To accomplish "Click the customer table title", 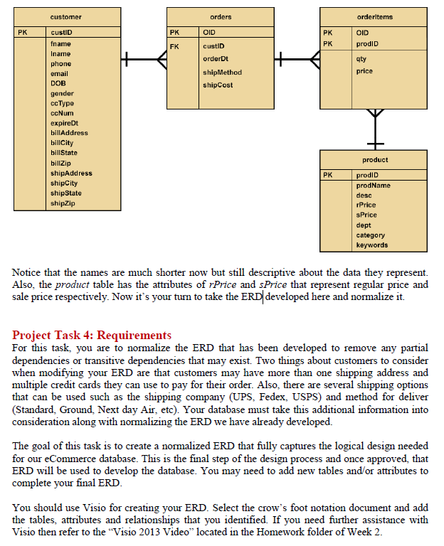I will tap(65, 16).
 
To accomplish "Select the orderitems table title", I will tap(374, 16).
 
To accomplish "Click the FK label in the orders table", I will tap(174, 46).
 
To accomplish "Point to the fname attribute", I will tap(60, 44).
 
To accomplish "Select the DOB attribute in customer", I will tap(57, 84).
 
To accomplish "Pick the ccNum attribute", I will tap(62, 113).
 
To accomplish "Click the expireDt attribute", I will tap(64, 123).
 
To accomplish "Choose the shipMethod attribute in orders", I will tap(222, 73).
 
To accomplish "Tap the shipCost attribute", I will tap(218, 85).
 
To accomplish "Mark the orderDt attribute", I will tap(215, 58).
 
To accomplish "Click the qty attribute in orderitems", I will tap(362, 60).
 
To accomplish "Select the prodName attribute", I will tap(373, 186).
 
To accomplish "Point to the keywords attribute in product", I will tap(371, 245).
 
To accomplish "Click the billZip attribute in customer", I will tap(60, 163).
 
